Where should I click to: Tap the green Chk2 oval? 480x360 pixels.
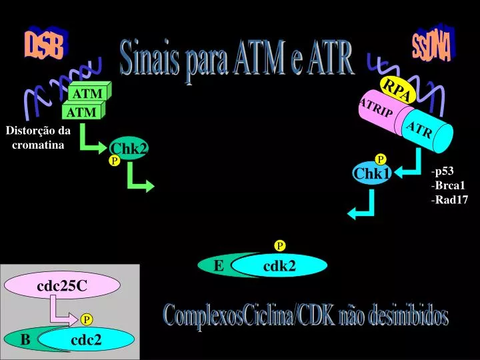129,148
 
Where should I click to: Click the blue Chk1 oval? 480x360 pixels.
372,173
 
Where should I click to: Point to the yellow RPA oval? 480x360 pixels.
397,89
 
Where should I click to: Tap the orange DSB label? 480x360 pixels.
46,43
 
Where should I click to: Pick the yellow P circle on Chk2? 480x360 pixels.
115,161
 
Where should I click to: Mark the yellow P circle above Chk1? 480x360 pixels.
381,159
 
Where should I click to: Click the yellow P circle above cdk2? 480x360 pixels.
280,245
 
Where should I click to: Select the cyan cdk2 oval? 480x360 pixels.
279,265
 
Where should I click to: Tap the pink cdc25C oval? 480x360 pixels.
62,285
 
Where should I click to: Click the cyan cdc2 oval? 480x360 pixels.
86,339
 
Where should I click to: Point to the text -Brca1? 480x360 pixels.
448,185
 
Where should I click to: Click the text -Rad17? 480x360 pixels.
449,199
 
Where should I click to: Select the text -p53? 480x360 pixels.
443,171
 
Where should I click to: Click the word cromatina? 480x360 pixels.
38,145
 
